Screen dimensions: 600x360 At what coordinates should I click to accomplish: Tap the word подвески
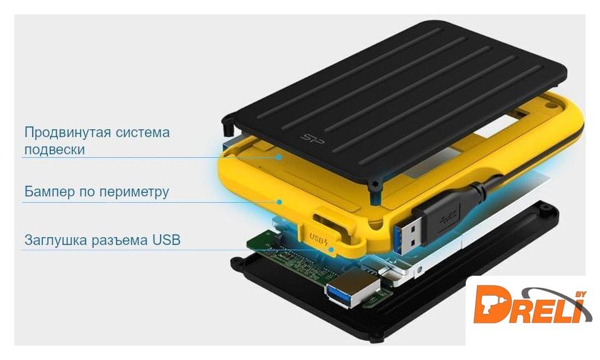pos(54,149)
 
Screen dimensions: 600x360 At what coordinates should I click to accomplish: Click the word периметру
pos(134,191)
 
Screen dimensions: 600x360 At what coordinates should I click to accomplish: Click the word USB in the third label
pos(166,240)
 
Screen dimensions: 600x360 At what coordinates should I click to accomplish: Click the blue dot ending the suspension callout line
pos(280,157)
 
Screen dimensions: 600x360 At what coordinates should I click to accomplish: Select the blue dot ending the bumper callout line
pos(280,201)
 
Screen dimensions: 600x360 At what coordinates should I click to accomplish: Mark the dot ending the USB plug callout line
pos(331,249)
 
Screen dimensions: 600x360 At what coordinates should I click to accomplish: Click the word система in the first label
pos(143,132)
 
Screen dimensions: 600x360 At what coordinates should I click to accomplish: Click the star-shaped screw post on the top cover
pos(374,186)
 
